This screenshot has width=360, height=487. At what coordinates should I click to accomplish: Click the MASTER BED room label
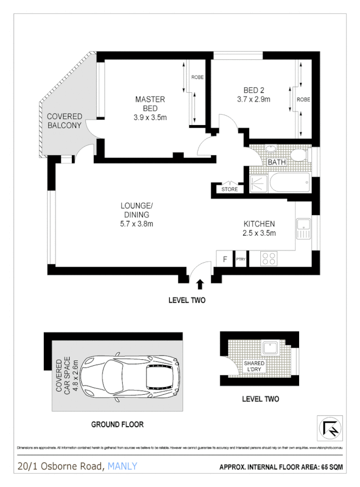[x=150, y=104]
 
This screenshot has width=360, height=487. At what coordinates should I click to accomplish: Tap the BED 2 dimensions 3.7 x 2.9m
[x=254, y=99]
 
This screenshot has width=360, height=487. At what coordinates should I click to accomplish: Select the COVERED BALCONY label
[x=64, y=121]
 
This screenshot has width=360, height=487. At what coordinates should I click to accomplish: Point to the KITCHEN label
[x=259, y=224]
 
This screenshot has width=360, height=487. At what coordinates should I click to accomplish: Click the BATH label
[x=276, y=162]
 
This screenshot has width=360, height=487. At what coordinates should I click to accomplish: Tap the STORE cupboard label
[x=230, y=190]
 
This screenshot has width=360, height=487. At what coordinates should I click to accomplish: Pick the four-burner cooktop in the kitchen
[x=268, y=258]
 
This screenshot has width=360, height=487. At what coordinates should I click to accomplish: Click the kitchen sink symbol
[x=303, y=228]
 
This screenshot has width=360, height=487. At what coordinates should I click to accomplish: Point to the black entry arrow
[x=199, y=284]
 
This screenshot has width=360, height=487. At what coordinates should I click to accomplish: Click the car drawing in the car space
[x=132, y=378]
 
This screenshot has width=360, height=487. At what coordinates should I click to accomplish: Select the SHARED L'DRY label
[x=255, y=367]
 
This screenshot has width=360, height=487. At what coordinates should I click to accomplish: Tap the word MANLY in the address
[x=123, y=467]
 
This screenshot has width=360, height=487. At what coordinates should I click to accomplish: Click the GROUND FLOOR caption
[x=117, y=424]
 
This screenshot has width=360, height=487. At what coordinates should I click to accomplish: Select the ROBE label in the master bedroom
[x=197, y=77]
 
